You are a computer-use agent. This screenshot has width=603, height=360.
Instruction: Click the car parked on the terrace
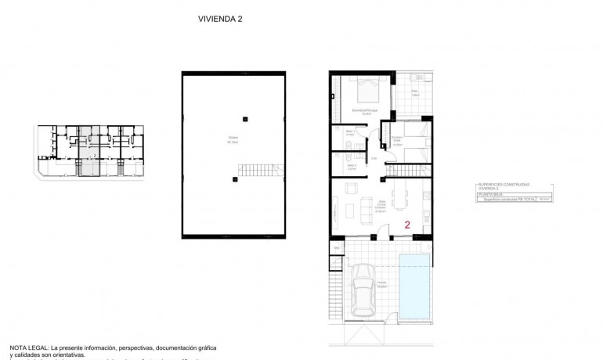[363, 290]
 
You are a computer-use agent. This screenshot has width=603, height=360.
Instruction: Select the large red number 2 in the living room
[406, 225]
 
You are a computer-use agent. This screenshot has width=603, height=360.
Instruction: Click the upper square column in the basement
[245, 119]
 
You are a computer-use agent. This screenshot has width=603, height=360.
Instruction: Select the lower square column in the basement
[234, 180]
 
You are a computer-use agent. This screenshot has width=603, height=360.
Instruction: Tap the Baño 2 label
[350, 166]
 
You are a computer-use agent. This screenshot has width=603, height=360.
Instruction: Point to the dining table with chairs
[400, 194]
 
